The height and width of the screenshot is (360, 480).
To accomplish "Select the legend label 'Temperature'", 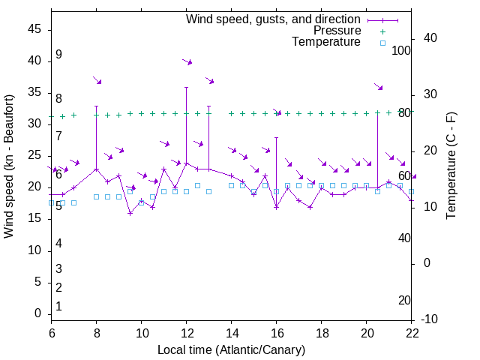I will tap(326, 43).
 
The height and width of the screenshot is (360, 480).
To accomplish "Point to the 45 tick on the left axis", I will tap(34, 29).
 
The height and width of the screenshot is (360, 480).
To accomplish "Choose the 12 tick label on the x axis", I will tap(186, 334).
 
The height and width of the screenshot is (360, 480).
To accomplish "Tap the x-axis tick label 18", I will tap(321, 334).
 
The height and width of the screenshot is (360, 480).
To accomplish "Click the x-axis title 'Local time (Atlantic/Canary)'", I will tap(231, 349).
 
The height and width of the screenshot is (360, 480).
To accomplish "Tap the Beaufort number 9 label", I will tap(58, 55).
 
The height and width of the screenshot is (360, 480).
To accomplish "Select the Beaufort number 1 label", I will tap(58, 306).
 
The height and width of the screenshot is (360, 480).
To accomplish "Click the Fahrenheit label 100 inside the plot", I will tap(401, 50).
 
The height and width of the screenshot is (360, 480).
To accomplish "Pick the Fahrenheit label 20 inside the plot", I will tap(404, 300).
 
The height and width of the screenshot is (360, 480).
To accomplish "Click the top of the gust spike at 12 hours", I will tap(186, 87).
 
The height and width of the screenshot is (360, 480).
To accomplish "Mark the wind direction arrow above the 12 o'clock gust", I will tap(187, 61).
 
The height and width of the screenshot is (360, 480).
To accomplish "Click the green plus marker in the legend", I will tap(382, 31).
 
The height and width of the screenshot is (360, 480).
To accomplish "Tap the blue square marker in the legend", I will tap(382, 43).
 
